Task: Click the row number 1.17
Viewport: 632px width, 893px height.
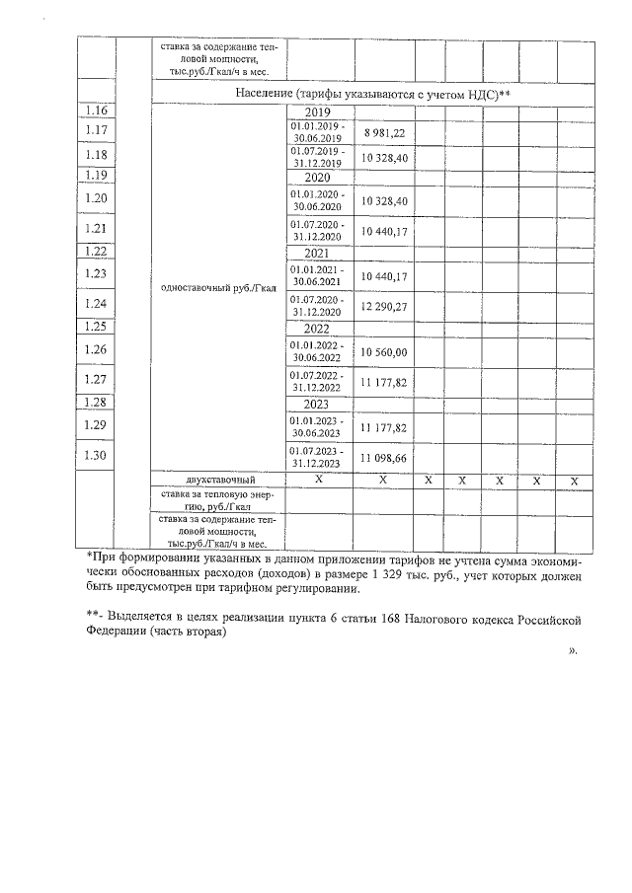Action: (x=96, y=131)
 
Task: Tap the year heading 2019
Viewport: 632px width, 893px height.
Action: (x=317, y=112)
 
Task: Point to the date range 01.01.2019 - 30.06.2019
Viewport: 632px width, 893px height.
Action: (x=317, y=132)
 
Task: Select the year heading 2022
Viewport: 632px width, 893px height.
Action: (x=317, y=329)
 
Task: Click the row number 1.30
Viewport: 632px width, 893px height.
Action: (x=96, y=455)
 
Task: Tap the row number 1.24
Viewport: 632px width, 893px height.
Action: (x=96, y=304)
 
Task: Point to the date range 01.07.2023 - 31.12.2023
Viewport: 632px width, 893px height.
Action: (x=317, y=459)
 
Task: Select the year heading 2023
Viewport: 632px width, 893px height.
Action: (x=317, y=404)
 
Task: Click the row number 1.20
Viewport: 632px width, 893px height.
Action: (x=96, y=198)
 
